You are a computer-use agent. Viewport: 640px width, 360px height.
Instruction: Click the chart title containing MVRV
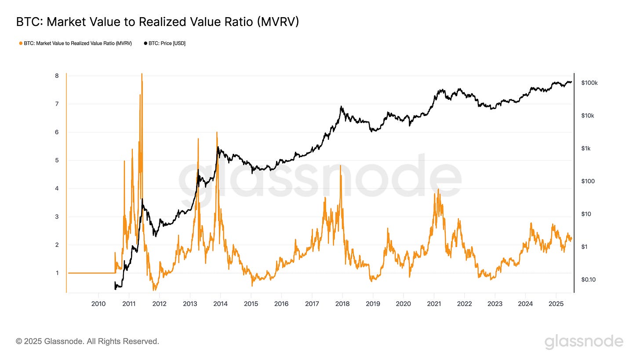[x=157, y=22]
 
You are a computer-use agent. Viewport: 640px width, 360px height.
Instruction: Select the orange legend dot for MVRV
[x=21, y=43]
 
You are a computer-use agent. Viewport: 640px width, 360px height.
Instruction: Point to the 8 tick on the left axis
[x=57, y=76]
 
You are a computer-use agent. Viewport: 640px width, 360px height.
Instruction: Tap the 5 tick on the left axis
[x=57, y=160]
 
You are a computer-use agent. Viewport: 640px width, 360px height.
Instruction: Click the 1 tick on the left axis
[x=57, y=273]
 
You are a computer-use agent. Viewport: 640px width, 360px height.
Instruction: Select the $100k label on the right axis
[x=589, y=83]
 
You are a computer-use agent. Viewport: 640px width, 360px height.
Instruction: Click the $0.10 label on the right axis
[x=588, y=280]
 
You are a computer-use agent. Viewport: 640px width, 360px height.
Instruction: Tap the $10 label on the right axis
[x=585, y=214]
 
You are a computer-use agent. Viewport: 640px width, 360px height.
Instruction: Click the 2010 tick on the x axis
[x=98, y=303]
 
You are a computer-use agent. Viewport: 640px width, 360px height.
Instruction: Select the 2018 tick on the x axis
[x=342, y=303]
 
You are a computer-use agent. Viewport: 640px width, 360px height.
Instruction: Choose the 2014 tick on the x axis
[x=220, y=303]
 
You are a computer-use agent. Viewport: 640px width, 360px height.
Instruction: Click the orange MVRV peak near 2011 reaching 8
[x=142, y=75]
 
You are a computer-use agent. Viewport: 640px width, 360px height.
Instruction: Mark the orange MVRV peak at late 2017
[x=341, y=166]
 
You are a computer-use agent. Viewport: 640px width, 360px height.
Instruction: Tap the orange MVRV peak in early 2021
[x=438, y=190]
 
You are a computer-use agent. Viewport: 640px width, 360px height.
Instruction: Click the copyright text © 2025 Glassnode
[x=87, y=341]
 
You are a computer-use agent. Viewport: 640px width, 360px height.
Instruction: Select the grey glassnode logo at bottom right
[x=584, y=342]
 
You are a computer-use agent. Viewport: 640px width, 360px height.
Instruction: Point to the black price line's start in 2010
[x=115, y=286]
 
